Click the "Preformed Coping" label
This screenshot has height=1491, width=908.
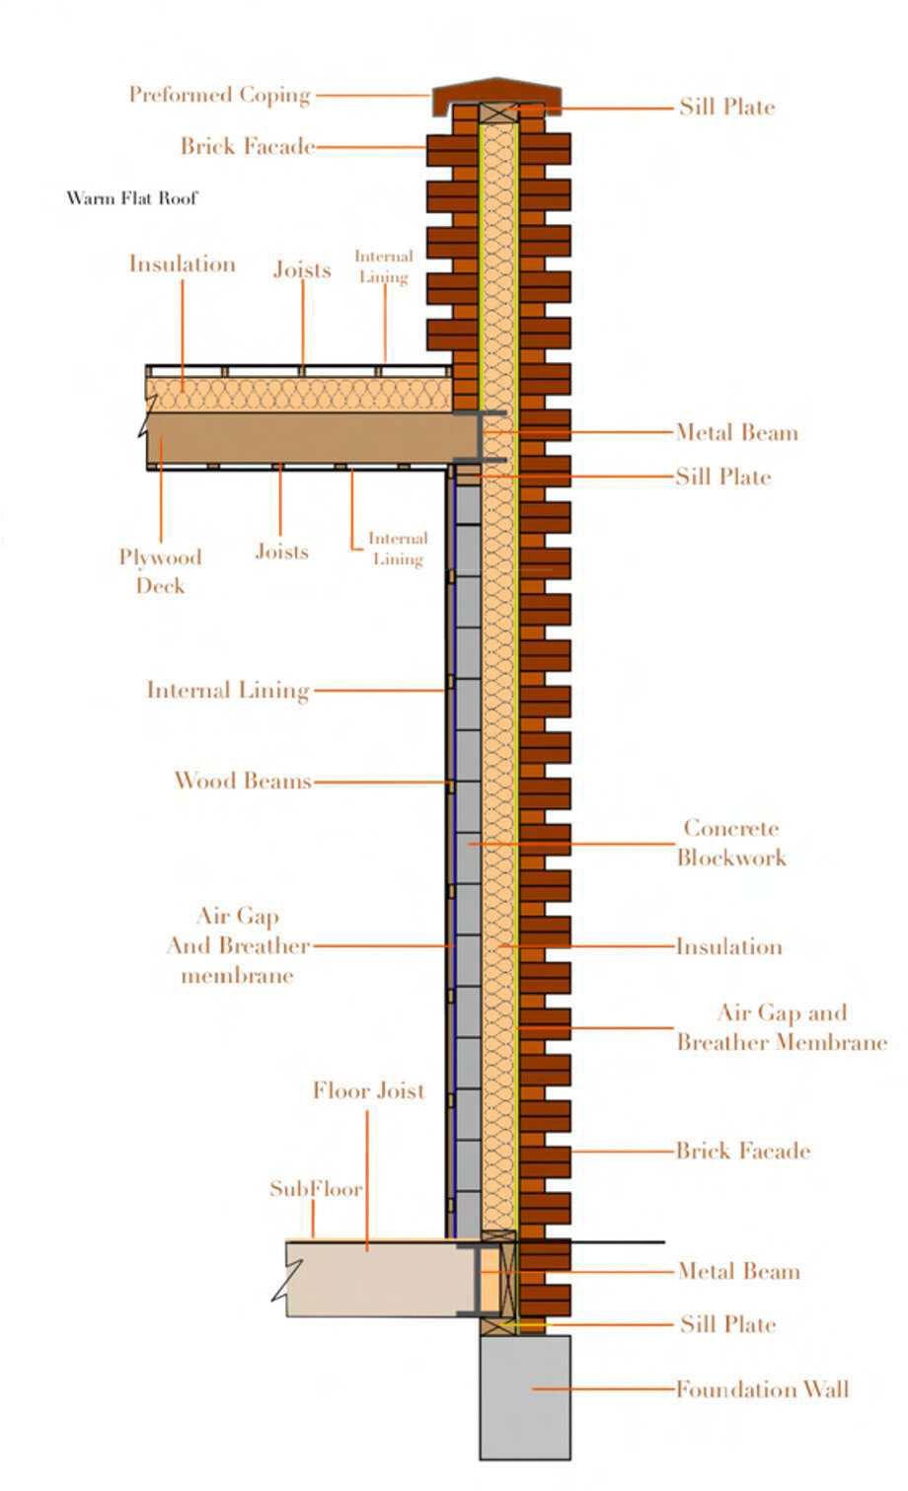click(x=219, y=95)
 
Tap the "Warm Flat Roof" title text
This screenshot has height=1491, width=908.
click(x=132, y=198)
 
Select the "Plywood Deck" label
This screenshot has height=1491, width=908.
click(x=160, y=570)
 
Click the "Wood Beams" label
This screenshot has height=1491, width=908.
click(x=242, y=781)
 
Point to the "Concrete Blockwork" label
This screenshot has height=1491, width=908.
click(x=731, y=843)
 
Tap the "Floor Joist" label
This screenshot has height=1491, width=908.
click(x=368, y=1090)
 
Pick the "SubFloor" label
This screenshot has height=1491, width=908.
click(x=316, y=1189)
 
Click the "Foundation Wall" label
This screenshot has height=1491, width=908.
click(x=762, y=1389)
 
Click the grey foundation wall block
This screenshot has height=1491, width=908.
click(x=525, y=1396)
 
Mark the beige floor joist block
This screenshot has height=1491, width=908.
click(x=375, y=1279)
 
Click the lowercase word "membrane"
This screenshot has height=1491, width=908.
click(x=237, y=976)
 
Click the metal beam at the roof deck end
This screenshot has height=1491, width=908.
click(x=481, y=436)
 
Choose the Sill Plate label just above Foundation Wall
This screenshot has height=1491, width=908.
click(x=727, y=1324)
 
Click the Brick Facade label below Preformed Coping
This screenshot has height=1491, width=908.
click(x=247, y=147)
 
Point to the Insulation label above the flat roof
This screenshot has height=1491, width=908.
click(x=182, y=264)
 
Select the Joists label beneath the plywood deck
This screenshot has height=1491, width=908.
click(x=281, y=552)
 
